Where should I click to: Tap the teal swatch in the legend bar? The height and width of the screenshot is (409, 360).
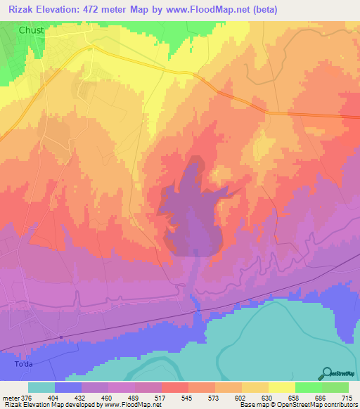(41, 387)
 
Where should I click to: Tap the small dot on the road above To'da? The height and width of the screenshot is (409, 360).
(61, 337)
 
